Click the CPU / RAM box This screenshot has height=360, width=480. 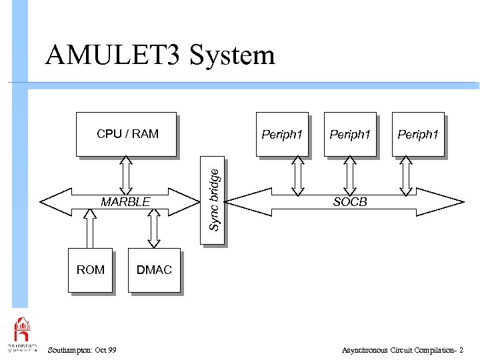point(127,134)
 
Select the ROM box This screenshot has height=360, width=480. point(90,270)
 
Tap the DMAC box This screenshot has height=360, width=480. point(154,270)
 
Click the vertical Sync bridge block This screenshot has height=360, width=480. point(213,200)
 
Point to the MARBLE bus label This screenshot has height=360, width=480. point(125,202)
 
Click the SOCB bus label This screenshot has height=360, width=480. point(350,202)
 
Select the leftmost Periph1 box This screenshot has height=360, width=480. point(282,134)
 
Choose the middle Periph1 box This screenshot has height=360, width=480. point(350,134)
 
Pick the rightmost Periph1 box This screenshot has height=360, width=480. point(418,134)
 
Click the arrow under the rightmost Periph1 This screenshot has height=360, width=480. point(404,176)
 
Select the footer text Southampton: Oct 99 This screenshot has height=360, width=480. point(82,350)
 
